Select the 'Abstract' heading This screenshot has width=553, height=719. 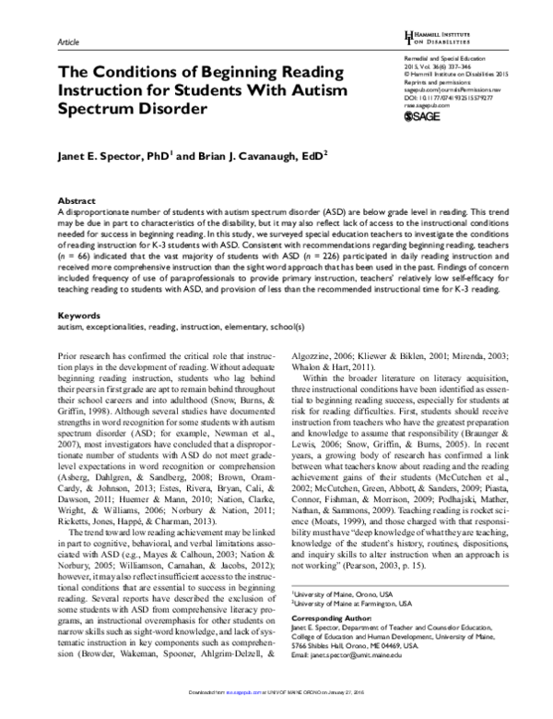[x=76, y=199]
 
